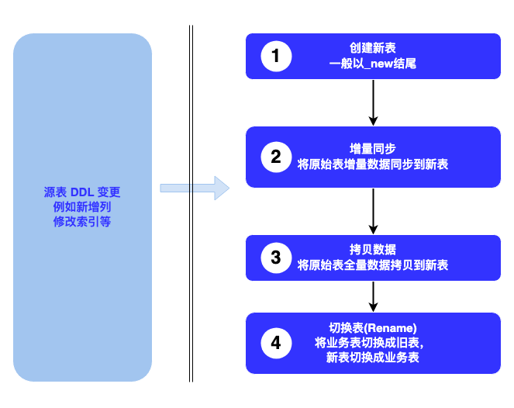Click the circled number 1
(275, 56)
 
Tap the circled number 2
(275, 157)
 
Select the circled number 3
(275, 258)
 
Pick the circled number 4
(275, 342)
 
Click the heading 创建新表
(373, 48)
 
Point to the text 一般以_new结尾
(373, 64)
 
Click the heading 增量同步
(373, 149)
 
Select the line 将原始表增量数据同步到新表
(373, 164)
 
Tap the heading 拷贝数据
(373, 250)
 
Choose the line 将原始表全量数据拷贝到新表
(373, 265)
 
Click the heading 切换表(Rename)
(373, 327)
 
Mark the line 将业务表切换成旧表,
(373, 342)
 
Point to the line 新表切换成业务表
(373, 358)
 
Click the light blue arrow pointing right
(195, 188)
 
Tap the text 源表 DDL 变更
(82, 192)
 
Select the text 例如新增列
(82, 206)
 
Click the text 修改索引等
(82, 221)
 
